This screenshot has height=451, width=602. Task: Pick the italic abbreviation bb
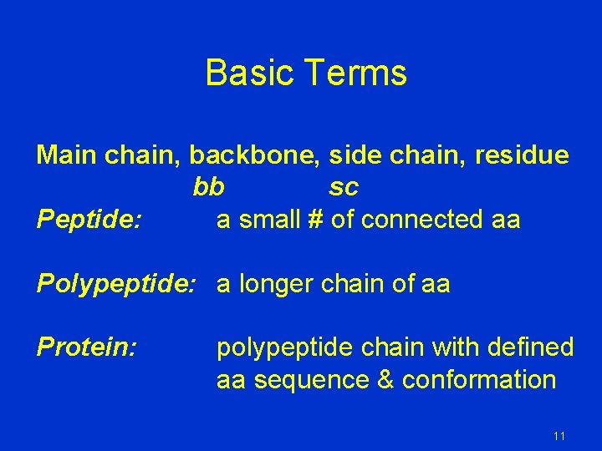point(208,187)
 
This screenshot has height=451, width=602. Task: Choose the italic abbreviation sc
point(344,187)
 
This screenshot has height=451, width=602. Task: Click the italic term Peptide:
point(89,220)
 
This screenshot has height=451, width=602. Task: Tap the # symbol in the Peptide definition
point(315,220)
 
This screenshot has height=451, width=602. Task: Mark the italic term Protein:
point(86,347)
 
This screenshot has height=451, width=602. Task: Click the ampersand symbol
point(385,380)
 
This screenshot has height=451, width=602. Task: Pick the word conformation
point(479,380)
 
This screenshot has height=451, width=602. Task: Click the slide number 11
point(559,436)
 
